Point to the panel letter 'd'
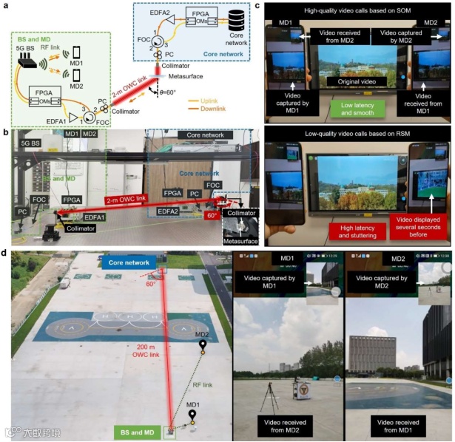tap(5, 253)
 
